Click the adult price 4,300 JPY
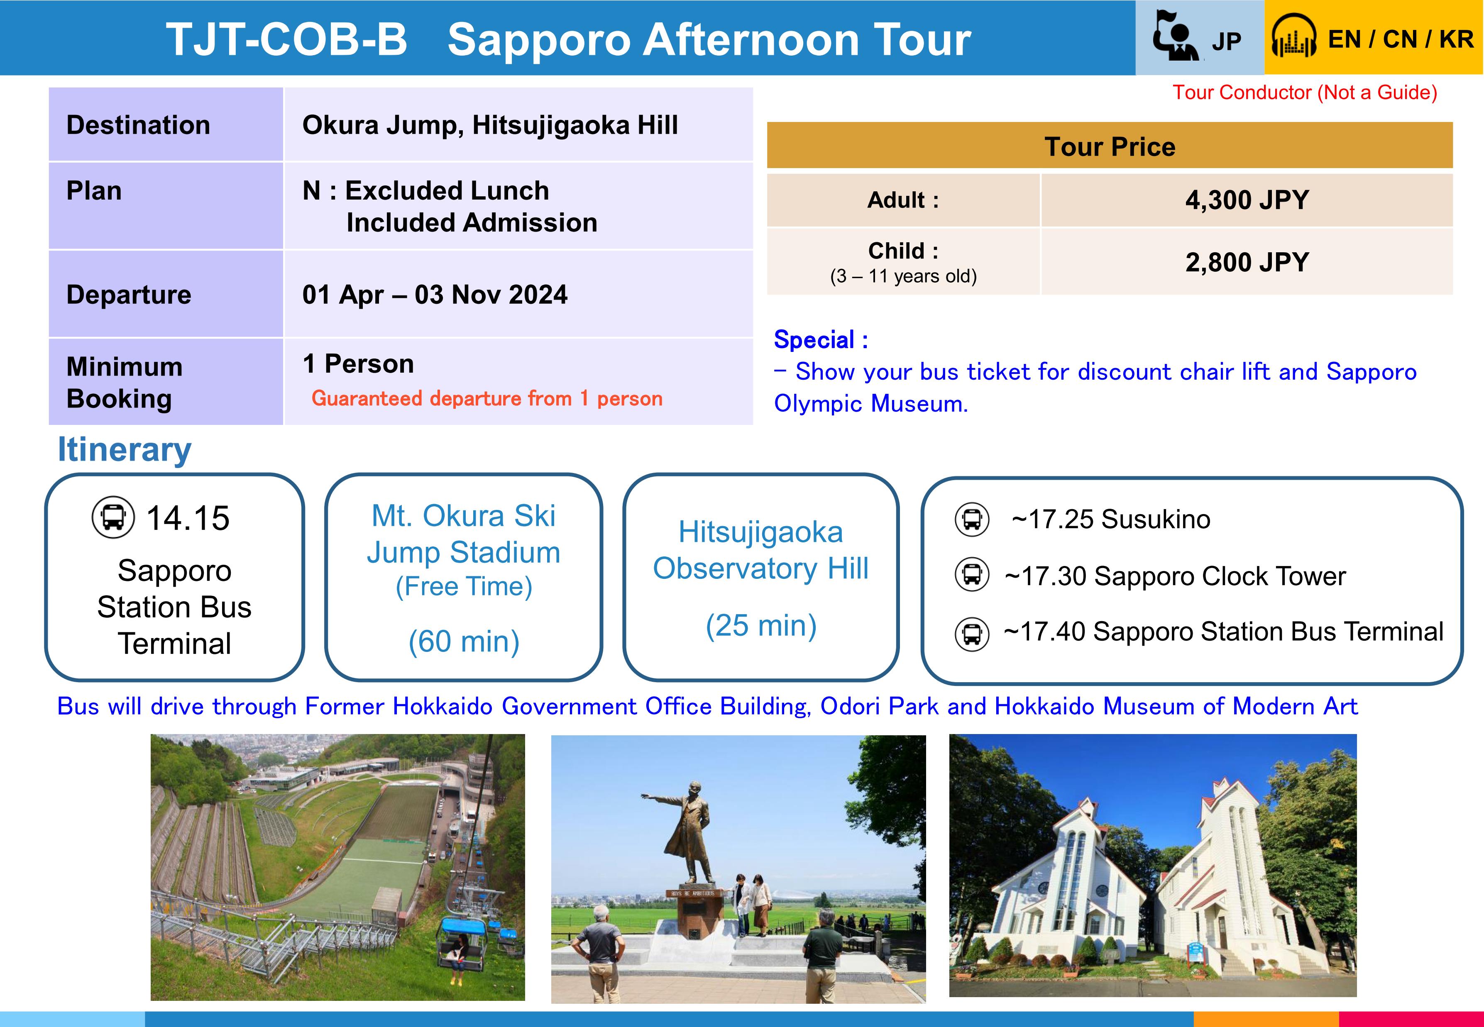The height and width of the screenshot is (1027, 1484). tap(1247, 200)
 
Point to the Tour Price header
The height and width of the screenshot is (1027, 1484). tap(1110, 147)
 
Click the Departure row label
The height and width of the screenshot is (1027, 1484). tap(129, 295)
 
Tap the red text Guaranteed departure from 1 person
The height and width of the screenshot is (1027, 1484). tap(487, 398)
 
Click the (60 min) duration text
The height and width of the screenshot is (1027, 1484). tap(464, 642)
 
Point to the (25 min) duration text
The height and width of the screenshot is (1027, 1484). tap(761, 625)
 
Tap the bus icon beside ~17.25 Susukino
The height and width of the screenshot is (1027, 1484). tap(972, 519)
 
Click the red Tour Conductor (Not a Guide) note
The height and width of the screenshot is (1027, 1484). tap(1304, 93)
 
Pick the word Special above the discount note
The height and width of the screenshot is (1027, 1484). tap(814, 340)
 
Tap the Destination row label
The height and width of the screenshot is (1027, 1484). tap(138, 125)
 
